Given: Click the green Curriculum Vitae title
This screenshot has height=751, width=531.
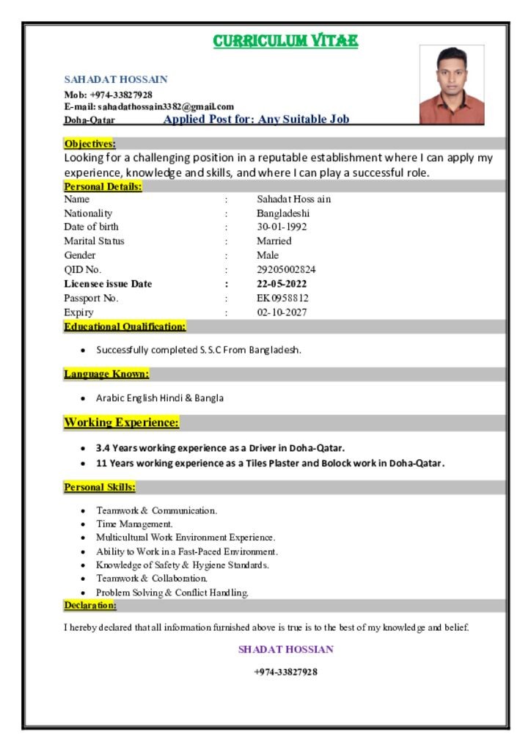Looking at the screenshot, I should (285, 41).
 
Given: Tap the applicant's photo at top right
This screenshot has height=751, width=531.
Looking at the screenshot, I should (452, 84).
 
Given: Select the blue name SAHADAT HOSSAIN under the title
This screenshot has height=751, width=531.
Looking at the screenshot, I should (116, 79).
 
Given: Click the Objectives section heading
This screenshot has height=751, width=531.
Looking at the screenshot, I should (89, 144).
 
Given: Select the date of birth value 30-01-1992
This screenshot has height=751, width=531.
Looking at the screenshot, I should (282, 227).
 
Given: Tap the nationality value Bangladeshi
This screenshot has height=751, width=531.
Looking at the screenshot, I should (283, 213).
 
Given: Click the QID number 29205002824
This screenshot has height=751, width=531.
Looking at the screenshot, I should (286, 269).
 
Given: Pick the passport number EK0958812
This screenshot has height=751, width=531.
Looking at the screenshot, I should (282, 298).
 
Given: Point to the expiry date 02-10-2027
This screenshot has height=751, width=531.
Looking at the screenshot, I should (282, 312).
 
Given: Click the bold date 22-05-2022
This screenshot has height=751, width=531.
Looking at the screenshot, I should (282, 284).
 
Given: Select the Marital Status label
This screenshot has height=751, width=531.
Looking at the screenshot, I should (94, 241).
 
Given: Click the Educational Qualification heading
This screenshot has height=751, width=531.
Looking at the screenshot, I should (125, 326).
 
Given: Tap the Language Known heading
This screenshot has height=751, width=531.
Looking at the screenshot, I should (106, 374).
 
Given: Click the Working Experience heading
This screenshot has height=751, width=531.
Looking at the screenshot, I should (121, 422).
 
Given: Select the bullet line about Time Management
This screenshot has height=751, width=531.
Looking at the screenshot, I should (135, 524).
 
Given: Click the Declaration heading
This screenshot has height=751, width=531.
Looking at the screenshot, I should (89, 605).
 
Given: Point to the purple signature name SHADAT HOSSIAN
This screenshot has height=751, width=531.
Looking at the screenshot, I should (285, 649).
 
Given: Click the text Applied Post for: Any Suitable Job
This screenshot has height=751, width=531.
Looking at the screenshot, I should (256, 119).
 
